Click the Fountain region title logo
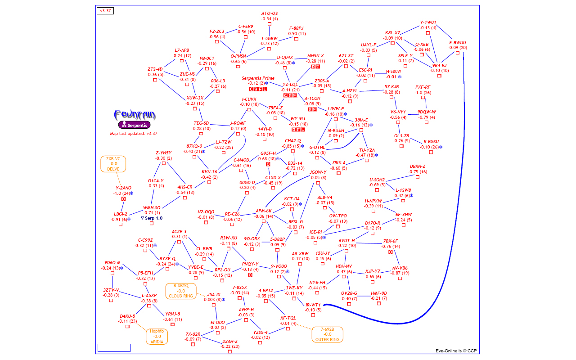(135, 115)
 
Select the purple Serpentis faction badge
(134, 125)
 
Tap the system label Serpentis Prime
(258, 78)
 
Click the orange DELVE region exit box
(113, 164)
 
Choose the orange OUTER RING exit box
(327, 334)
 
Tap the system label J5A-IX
(214, 295)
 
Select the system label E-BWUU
(458, 43)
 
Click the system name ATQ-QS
(270, 13)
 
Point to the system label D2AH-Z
(230, 341)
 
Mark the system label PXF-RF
(423, 87)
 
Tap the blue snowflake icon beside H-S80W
(400, 77)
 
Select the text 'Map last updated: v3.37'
(134, 134)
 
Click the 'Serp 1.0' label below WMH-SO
(152, 218)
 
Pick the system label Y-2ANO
(123, 188)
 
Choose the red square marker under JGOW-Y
(318, 183)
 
